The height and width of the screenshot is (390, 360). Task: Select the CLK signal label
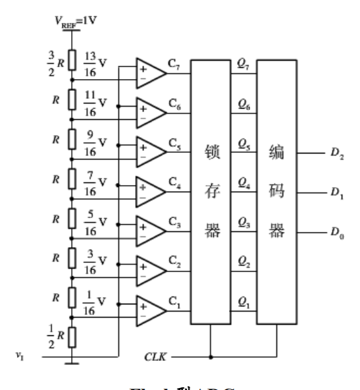155,358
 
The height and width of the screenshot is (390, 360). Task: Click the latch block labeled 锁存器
211,191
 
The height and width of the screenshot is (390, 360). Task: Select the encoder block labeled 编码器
276,191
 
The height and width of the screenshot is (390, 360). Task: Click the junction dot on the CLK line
211,358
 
